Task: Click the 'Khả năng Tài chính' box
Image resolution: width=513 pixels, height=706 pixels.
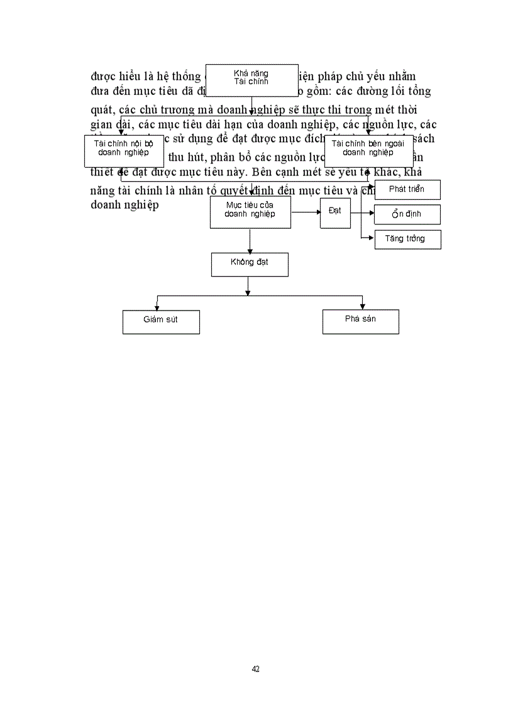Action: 251,80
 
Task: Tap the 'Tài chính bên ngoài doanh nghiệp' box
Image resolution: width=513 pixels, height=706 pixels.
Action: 368,151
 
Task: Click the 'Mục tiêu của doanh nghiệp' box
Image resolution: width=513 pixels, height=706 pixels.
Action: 250,212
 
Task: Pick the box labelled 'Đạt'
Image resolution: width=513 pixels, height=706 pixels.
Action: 335,212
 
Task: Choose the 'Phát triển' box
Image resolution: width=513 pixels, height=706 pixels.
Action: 407,190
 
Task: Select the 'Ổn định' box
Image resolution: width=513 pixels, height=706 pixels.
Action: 407,214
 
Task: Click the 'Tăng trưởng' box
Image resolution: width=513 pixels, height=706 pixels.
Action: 407,239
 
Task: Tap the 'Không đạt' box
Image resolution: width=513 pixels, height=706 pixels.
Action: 250,264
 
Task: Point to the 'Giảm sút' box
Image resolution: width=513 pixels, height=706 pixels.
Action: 161,321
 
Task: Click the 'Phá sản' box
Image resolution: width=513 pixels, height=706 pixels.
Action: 361,321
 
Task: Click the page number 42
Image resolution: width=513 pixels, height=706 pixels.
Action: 255,669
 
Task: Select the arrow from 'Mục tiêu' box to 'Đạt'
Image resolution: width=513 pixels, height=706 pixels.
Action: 306,212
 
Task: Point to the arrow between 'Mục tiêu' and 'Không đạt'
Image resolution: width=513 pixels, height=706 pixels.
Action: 250,240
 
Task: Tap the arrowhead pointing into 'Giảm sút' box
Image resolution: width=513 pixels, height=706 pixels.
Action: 157,306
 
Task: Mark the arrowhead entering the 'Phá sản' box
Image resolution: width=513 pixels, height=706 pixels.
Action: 360,306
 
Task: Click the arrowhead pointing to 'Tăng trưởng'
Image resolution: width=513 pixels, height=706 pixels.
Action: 372,239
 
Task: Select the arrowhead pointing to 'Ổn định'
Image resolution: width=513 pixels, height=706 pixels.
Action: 372,214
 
